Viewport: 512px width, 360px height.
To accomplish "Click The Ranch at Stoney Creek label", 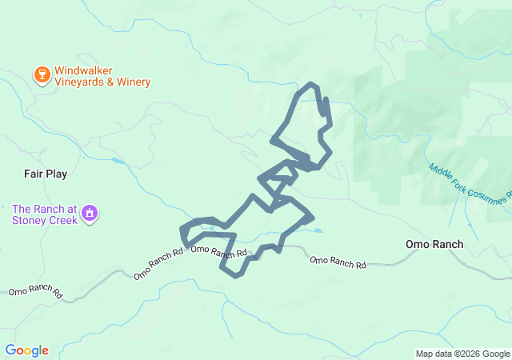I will (45, 214).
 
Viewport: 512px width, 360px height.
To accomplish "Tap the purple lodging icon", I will (90, 214).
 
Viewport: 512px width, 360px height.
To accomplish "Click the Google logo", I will (26, 350).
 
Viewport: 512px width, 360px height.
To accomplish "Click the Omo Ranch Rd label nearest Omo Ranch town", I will (338, 262).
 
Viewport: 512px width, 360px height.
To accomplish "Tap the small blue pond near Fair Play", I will (118, 161).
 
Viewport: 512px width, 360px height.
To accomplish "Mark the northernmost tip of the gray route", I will (310, 84).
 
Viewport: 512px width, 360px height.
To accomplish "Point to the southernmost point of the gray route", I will (235, 276).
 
